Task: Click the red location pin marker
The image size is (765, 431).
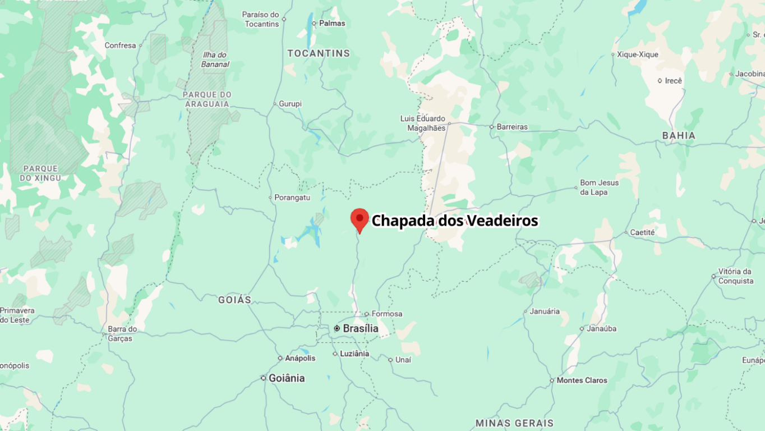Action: [x=360, y=219]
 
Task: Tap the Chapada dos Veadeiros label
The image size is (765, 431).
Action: [x=454, y=221]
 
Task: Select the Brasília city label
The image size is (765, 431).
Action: [x=360, y=328]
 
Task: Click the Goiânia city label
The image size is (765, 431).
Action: [x=287, y=378]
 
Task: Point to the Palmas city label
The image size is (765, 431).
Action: [x=332, y=24]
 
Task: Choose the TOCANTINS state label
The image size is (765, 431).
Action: [x=319, y=53]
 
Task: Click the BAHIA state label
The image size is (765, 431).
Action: [x=679, y=135]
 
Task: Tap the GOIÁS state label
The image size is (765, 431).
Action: [x=235, y=300]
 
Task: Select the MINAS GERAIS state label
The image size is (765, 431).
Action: [x=514, y=423]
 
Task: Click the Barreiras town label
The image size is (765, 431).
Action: [x=512, y=127]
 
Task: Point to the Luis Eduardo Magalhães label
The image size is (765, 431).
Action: [x=423, y=123]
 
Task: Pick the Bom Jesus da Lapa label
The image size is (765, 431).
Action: [x=600, y=187]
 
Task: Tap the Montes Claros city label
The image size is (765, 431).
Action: [x=582, y=380]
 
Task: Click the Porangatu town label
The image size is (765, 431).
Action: [x=292, y=198]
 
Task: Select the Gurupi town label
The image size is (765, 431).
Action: [x=291, y=104]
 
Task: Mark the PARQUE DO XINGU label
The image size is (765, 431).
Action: [x=40, y=173]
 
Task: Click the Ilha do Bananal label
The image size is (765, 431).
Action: [x=215, y=59]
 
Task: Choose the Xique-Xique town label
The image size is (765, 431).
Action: [x=638, y=54]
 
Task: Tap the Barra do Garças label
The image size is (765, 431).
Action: [x=122, y=334]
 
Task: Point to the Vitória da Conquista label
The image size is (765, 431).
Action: [x=736, y=276]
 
